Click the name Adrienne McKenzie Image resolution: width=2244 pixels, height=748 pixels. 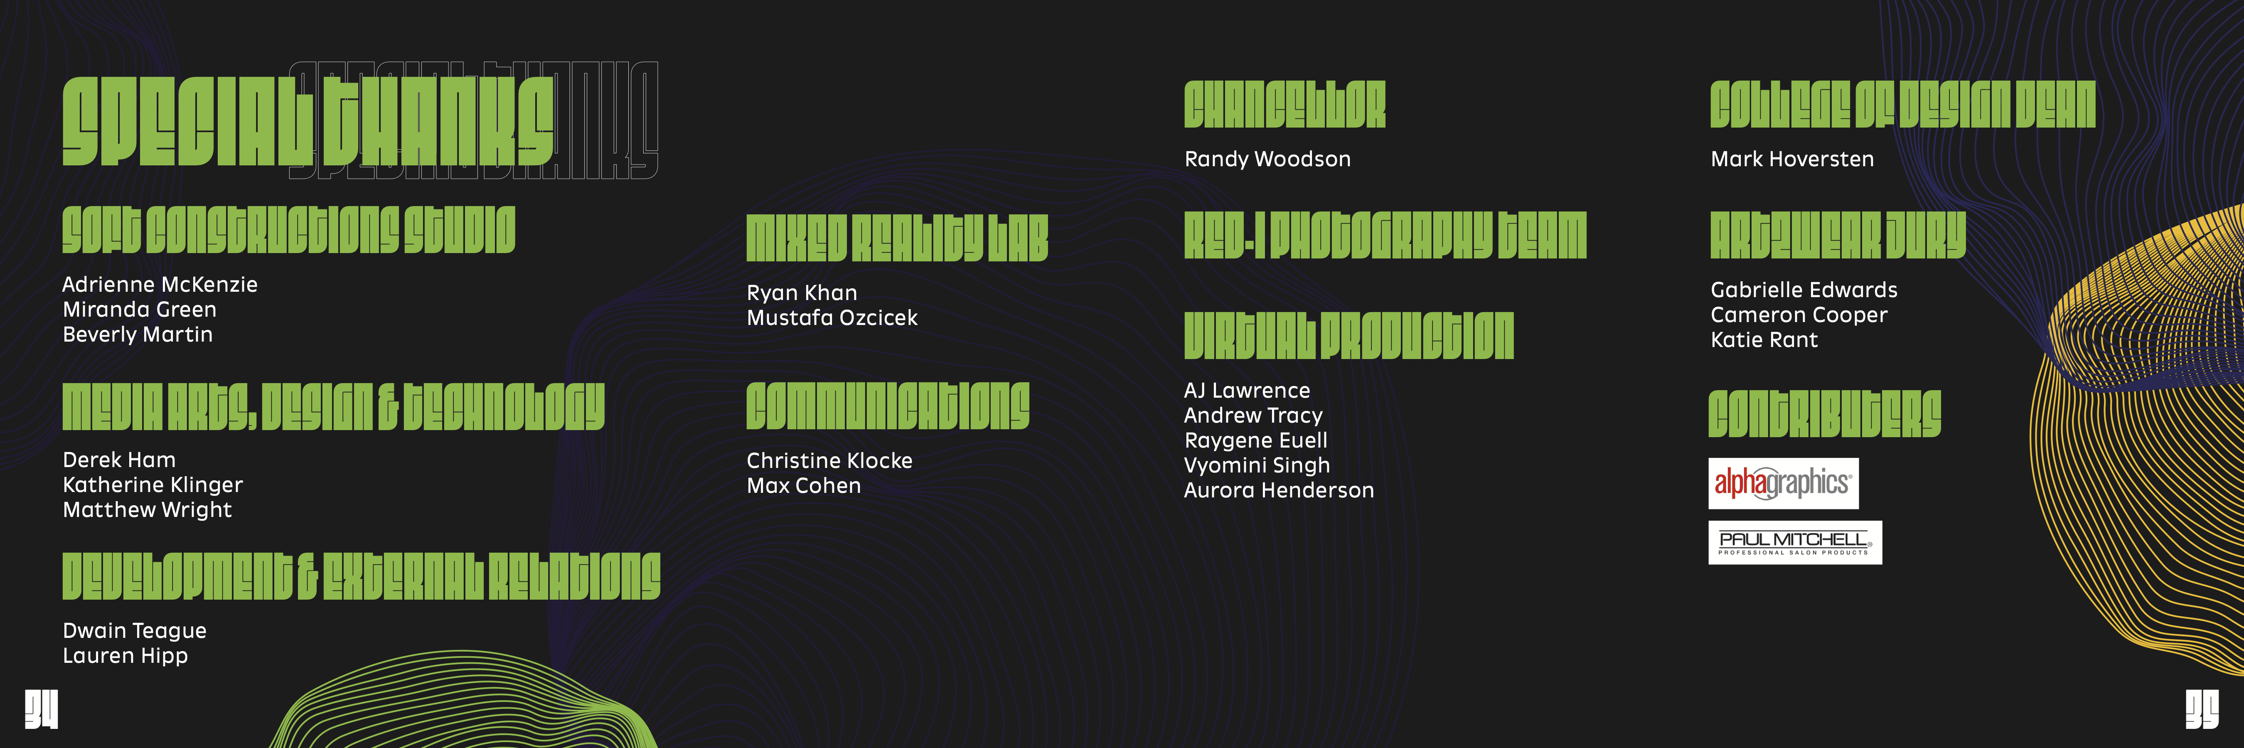[160, 285]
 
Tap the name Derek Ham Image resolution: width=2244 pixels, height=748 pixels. [119, 460]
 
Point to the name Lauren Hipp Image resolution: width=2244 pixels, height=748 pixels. [125, 656]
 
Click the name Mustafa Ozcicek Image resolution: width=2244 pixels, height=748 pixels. [832, 318]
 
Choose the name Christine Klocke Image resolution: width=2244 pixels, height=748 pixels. [829, 460]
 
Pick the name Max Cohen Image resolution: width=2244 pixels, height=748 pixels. [803, 486]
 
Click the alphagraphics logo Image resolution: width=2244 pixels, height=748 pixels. [1783, 483]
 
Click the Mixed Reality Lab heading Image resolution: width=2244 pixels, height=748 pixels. [896, 239]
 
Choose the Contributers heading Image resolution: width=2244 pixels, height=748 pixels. [1824, 413]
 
